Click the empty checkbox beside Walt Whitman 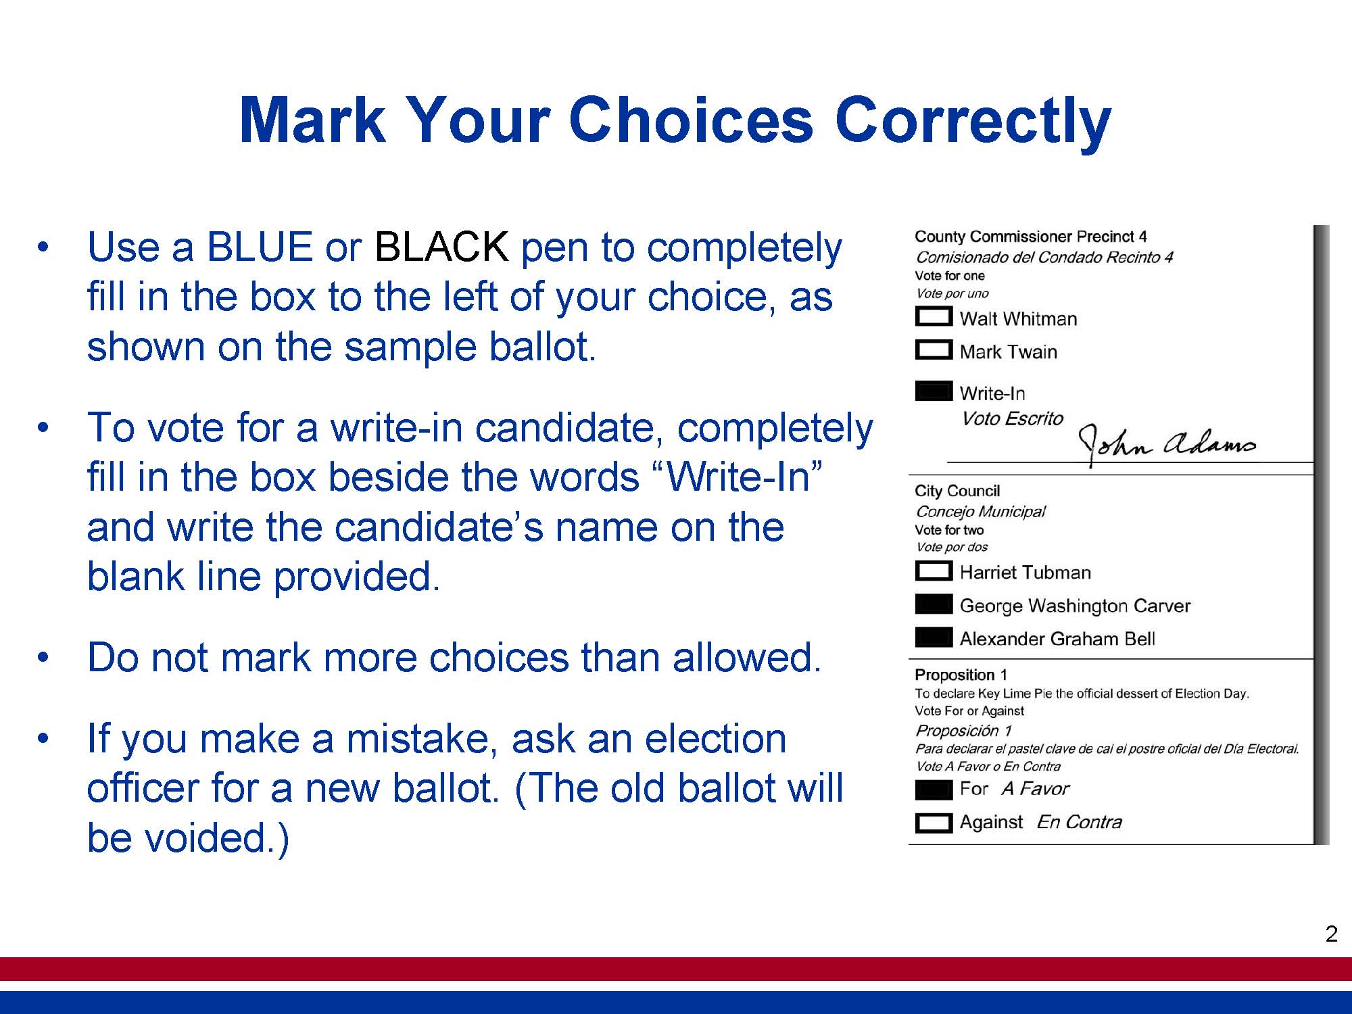pos(934,316)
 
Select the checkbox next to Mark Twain pos(934,349)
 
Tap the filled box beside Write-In pos(934,391)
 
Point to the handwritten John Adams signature pos(1167,443)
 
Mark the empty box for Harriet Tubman pos(934,571)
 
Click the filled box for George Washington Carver pos(934,604)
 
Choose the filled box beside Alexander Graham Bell pos(934,637)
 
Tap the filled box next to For pos(934,789)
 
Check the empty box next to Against pos(934,822)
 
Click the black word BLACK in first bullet pos(441,247)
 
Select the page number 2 pos(1331,934)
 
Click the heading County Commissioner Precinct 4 pos(1030,237)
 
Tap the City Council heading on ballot pos(957,491)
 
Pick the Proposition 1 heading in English pos(961,675)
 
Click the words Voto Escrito pos(1012,418)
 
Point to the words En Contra pos(1079,822)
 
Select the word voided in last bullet pos(211,838)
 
